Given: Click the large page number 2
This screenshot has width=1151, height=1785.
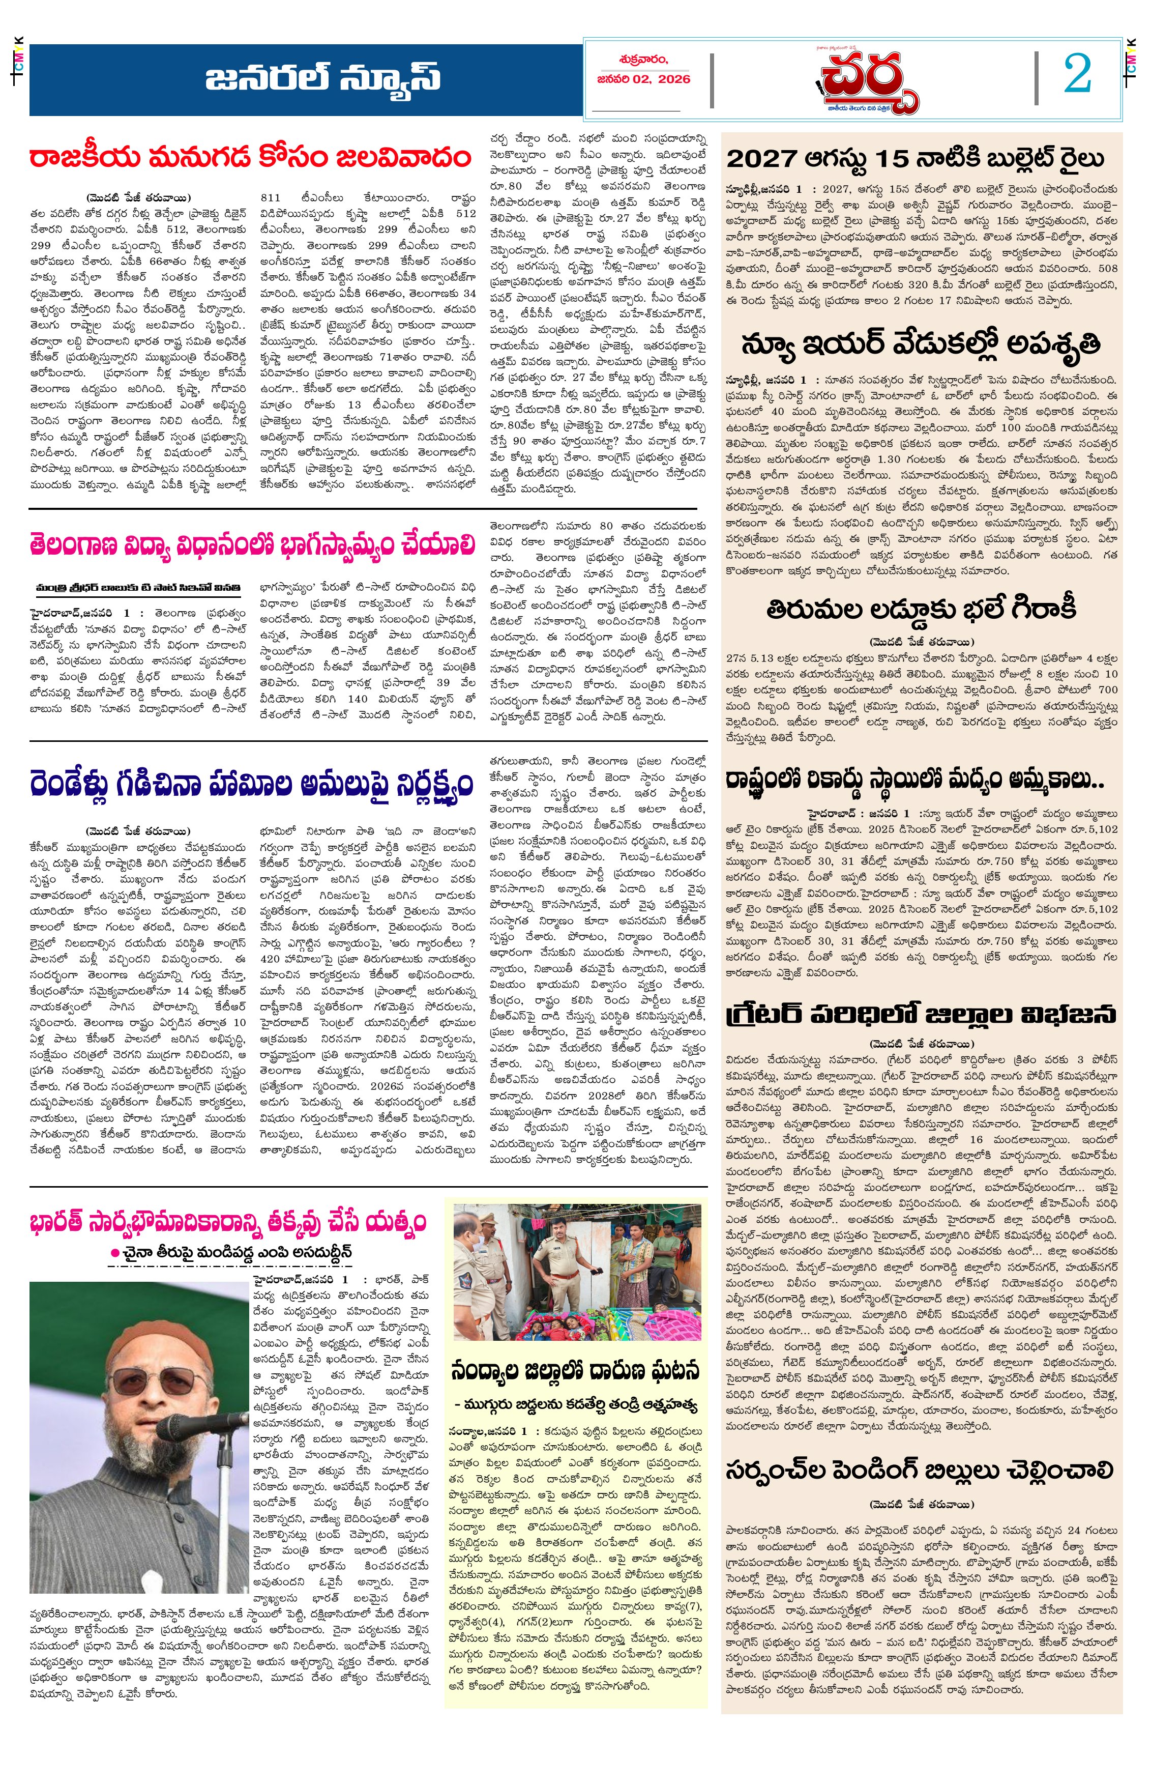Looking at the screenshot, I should click(x=1077, y=75).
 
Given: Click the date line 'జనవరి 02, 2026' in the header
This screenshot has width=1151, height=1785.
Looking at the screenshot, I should click(x=643, y=79).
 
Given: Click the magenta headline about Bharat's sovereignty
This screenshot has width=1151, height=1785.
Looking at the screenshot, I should click(x=228, y=1223).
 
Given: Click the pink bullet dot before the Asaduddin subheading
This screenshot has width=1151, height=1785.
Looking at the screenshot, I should click(x=115, y=1253).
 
